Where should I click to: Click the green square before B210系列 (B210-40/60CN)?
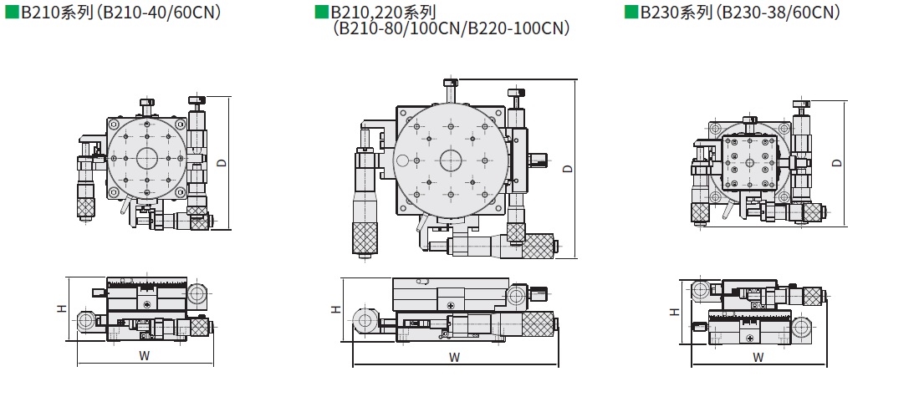tap(12, 13)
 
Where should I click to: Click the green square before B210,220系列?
tap(321, 13)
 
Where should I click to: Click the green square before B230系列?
tap(631, 13)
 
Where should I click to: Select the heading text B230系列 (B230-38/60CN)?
tap(740, 13)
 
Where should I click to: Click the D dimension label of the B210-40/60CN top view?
tap(222, 163)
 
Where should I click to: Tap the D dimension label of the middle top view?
tap(567, 169)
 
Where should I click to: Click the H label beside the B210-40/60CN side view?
tap(61, 308)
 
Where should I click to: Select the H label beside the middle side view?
tap(335, 309)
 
